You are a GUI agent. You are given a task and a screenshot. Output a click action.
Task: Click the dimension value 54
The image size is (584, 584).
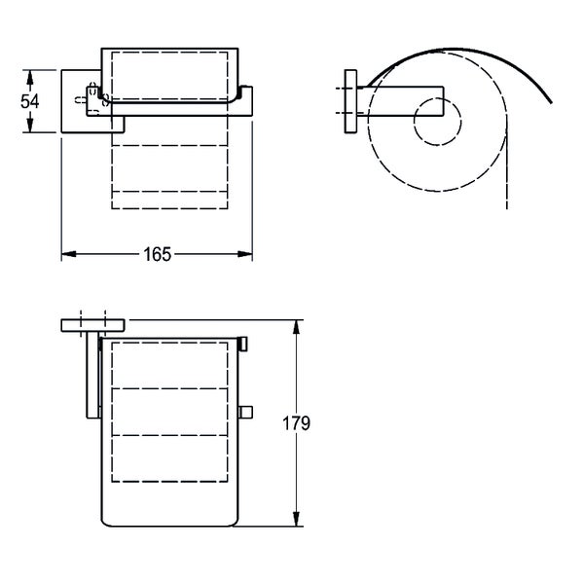tap(31, 100)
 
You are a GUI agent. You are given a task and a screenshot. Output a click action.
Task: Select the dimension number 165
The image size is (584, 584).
tap(158, 254)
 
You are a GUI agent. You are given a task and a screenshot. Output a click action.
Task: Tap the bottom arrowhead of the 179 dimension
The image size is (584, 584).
tap(297, 523)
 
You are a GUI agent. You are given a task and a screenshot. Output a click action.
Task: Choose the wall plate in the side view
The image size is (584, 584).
tap(352, 100)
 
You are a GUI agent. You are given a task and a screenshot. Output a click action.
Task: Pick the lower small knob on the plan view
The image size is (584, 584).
tap(245, 412)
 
